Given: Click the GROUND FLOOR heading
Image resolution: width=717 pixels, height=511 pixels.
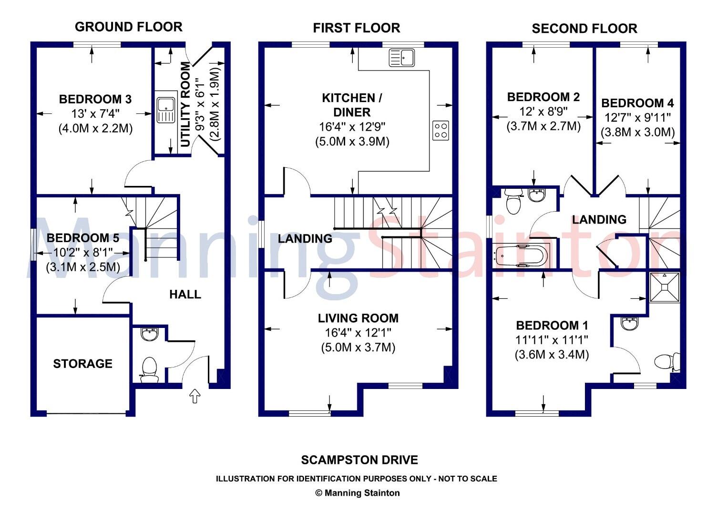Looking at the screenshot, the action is pos(129,27).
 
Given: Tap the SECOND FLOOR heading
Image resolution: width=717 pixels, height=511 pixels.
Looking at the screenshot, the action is pos(584,29).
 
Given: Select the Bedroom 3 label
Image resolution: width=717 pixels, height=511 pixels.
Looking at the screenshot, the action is pos(95,99).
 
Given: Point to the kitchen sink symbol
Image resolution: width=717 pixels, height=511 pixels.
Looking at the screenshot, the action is pos(402,58).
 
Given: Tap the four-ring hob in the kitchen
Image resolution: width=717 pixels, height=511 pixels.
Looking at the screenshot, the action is pos(441,131).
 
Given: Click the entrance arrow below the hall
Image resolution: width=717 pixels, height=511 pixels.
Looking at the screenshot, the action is pos(195,396).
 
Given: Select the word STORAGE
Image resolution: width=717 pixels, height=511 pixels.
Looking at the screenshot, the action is pos(82,364).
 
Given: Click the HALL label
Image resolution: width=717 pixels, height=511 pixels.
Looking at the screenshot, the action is pos(185,295).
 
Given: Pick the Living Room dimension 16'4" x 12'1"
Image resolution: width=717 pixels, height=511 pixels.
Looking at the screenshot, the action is pos(358,333).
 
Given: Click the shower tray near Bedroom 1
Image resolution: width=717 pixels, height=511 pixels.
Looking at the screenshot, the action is pos(665,287).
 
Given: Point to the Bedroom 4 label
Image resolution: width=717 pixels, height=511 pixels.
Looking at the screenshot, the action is pos(637,103).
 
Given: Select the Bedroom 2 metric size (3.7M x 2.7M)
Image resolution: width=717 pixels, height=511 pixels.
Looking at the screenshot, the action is pos(543,126).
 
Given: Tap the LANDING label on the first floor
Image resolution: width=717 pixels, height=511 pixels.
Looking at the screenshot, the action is pos(305,239).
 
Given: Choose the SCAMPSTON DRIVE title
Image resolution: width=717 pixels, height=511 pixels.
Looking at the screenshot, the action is pos(359,460).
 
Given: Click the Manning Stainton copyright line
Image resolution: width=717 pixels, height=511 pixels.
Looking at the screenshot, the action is pos(358,493).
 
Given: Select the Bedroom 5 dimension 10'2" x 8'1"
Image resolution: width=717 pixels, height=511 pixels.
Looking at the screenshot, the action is pos(83,253).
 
